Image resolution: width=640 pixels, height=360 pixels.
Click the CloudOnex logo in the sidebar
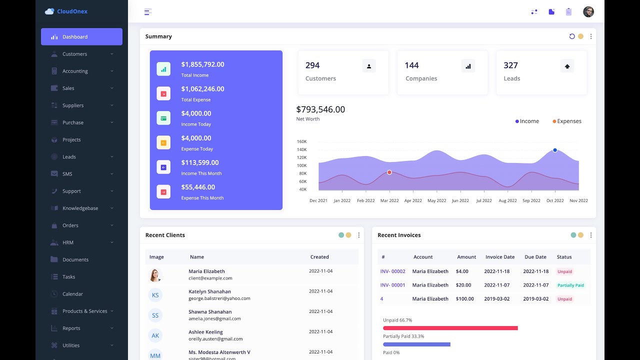pos(66,11)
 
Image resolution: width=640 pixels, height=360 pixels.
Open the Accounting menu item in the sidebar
pos(75,71)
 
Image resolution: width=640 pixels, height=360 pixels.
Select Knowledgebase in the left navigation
pos(80,208)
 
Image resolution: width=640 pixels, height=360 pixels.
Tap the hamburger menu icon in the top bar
pos(148,12)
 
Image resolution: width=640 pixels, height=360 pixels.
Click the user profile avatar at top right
pos(588,12)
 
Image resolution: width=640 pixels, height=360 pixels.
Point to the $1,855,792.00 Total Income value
pos(202,64)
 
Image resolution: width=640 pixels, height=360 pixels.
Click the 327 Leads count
pos(510,65)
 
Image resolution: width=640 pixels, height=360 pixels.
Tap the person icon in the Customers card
pos(369,66)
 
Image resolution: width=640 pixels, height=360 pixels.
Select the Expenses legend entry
pos(567,121)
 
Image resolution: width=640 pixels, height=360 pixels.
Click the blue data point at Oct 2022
pos(555,150)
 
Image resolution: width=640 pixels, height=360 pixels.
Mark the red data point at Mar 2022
pos(389,172)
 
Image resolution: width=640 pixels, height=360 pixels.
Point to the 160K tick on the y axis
pos(301,141)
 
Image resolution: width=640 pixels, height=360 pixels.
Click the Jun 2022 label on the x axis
pos(460,200)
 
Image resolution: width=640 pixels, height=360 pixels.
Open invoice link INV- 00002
pos(392,271)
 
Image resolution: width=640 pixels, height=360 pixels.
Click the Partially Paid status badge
pos(570,285)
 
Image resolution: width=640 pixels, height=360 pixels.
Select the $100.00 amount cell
pos(464,299)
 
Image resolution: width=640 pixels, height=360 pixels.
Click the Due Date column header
pos(535,257)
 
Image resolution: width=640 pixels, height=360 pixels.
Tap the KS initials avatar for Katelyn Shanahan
pos(155,295)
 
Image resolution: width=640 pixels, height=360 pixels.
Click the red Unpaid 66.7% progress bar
pos(450,328)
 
